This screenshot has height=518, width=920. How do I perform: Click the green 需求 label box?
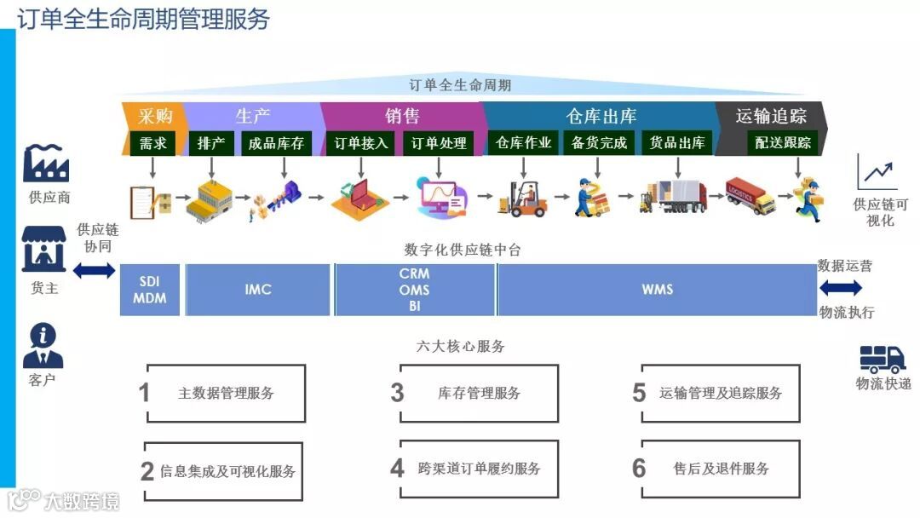(153, 143)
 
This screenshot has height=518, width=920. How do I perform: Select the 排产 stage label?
(210, 143)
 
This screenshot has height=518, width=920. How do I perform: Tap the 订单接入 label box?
(361, 143)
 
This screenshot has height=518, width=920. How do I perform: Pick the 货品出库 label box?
(677, 143)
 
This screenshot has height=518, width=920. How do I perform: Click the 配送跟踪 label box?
(783, 143)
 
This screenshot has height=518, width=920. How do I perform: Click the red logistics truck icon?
(750, 196)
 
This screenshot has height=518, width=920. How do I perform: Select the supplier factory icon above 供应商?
(46, 164)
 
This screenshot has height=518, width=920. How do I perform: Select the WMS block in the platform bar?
(657, 290)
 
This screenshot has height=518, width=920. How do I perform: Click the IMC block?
(257, 290)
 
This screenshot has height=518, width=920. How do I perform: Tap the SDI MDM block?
(150, 290)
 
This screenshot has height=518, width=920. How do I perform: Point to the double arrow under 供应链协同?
(94, 271)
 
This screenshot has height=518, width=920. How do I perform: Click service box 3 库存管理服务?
(479, 393)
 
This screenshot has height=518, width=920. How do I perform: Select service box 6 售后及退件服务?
(720, 469)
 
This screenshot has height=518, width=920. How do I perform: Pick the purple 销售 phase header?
(401, 116)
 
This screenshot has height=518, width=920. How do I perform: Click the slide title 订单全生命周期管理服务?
(143, 19)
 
